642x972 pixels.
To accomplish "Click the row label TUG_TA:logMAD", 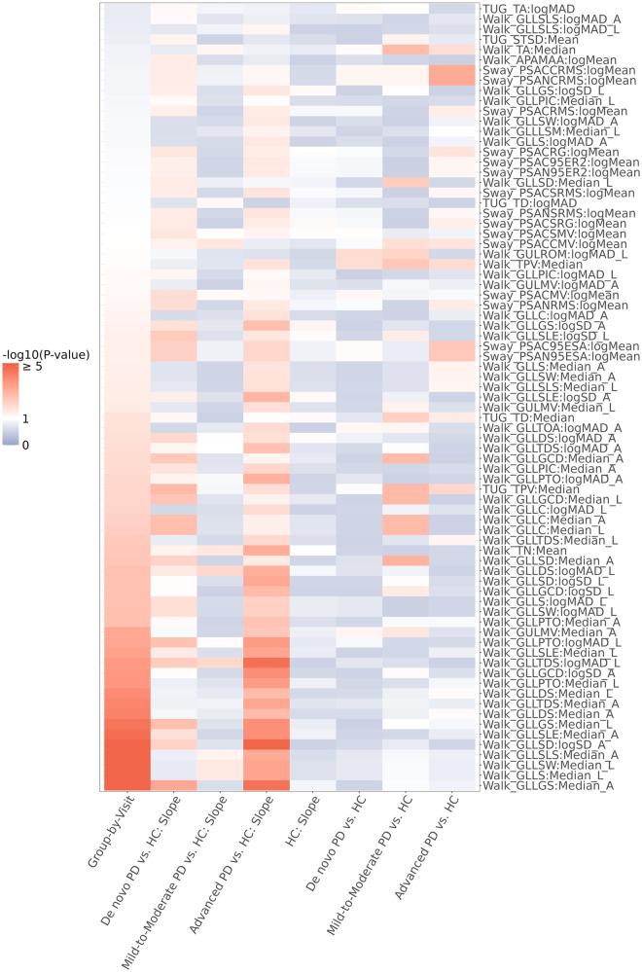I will point(533,8).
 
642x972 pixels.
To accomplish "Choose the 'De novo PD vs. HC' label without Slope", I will point(331,856).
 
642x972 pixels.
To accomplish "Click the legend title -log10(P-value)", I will point(45,355).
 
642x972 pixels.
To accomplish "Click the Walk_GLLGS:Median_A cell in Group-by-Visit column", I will point(125,785).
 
